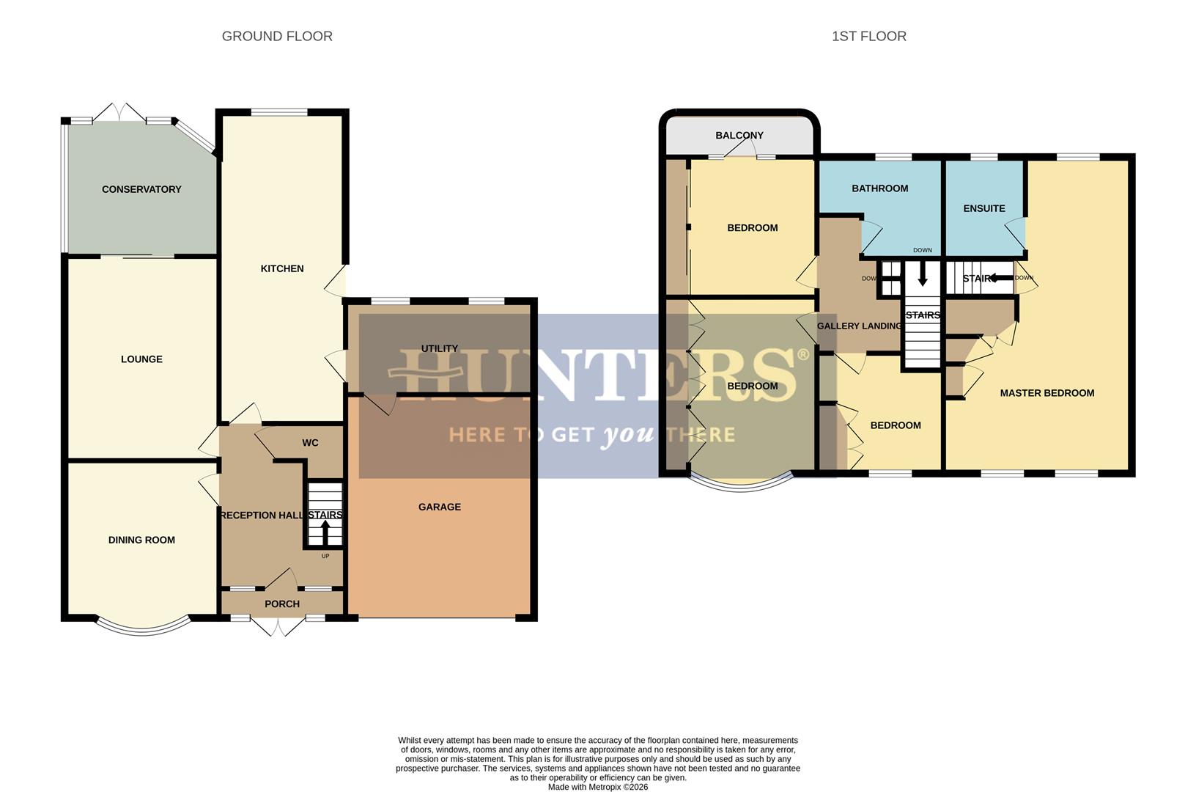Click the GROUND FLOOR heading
[277, 37]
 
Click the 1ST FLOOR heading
[868, 37]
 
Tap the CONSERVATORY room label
[141, 189]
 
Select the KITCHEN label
[282, 268]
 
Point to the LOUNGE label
[141, 359]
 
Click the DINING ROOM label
[141, 540]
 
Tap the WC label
[310, 443]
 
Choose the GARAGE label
[440, 507]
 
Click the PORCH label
[282, 604]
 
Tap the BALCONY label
[739, 136]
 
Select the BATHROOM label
[879, 188]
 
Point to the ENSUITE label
[984, 208]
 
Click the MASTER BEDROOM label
[1047, 393]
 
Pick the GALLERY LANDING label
[859, 326]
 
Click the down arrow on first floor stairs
[922, 277]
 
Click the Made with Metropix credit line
[598, 787]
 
